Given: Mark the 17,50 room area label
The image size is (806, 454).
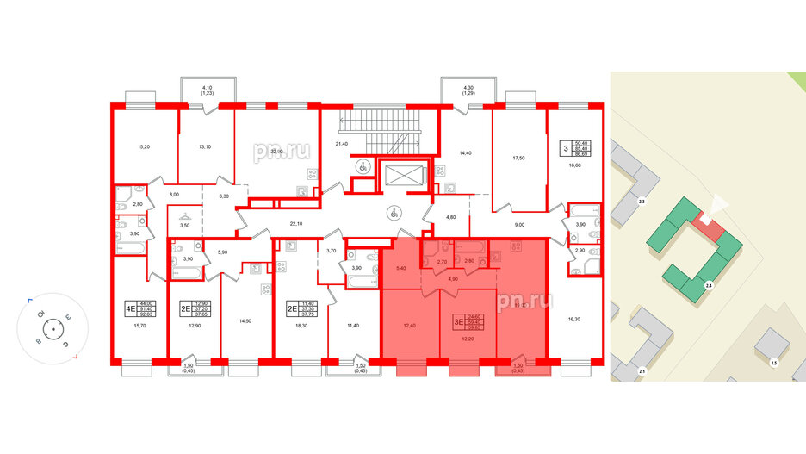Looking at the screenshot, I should (518, 159).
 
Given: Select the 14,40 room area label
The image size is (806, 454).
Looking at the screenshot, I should (465, 152).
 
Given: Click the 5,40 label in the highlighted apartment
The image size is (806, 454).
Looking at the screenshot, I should (400, 269).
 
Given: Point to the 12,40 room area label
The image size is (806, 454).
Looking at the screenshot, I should (408, 325).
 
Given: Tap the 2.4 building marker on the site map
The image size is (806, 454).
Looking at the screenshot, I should (708, 284).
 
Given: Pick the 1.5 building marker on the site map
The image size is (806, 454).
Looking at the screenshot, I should (773, 363).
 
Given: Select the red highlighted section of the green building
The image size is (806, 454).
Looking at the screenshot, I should (705, 221).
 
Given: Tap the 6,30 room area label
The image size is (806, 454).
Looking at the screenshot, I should (225, 197).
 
